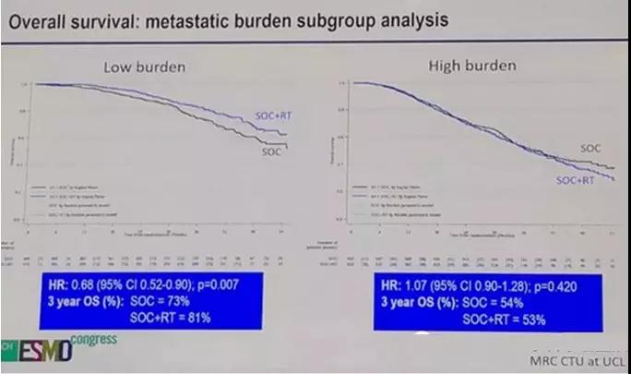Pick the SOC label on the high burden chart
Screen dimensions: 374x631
click(592, 148)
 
